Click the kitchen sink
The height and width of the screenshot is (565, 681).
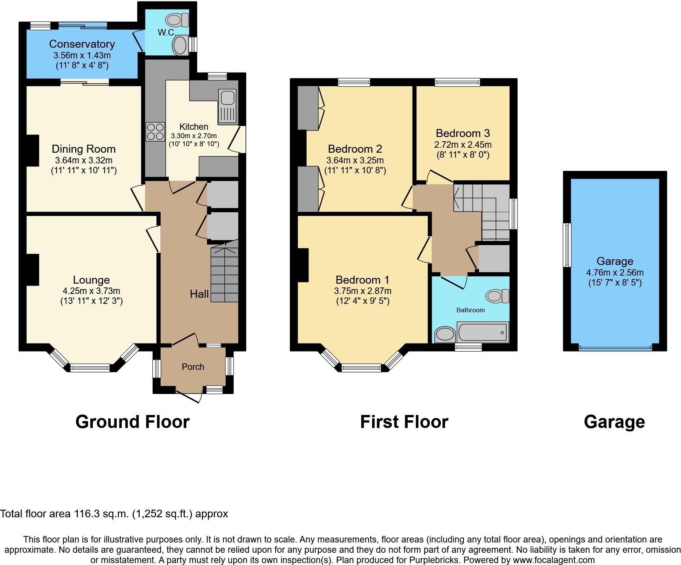point(227,107)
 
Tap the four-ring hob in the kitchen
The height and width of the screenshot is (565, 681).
point(155,131)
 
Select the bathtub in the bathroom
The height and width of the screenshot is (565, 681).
point(483,332)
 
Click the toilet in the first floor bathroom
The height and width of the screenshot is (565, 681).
point(497,296)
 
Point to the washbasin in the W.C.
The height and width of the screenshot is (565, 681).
point(179,45)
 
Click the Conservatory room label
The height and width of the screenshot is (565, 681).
point(82,44)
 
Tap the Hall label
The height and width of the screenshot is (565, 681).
point(199,294)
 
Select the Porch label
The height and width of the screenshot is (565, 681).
point(193,367)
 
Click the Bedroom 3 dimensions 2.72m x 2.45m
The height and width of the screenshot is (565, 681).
point(463,145)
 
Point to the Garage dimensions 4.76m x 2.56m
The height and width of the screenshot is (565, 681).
point(615,273)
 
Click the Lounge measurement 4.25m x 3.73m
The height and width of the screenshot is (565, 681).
point(91,291)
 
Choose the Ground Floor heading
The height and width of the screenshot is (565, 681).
point(132,422)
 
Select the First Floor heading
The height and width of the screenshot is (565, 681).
point(404,422)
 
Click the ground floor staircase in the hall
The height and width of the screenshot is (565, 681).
point(224,275)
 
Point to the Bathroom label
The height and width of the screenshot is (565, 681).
point(470,310)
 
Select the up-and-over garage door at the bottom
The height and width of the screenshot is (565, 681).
point(615,347)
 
